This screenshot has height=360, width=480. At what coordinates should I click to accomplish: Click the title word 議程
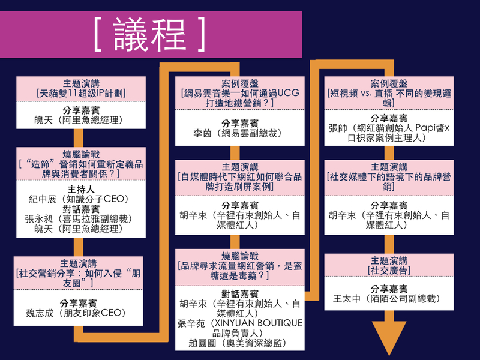(x=149, y=32)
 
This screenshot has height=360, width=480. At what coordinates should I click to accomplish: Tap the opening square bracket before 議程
(x=98, y=32)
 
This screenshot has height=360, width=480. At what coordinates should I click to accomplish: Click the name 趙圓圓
(x=194, y=343)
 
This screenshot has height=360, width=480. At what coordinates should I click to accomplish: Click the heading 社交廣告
(x=389, y=270)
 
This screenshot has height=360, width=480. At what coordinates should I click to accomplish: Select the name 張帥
(x=338, y=128)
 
